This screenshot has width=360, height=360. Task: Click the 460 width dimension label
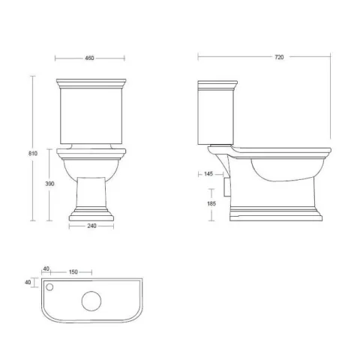pyautogui.click(x=90, y=57)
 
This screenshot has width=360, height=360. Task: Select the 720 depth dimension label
pyautogui.click(x=279, y=57)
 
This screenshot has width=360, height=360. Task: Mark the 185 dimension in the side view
pyautogui.click(x=210, y=202)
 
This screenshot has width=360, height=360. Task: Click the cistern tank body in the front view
pyautogui.click(x=90, y=112)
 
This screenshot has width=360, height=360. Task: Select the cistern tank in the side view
pyautogui.click(x=215, y=112)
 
